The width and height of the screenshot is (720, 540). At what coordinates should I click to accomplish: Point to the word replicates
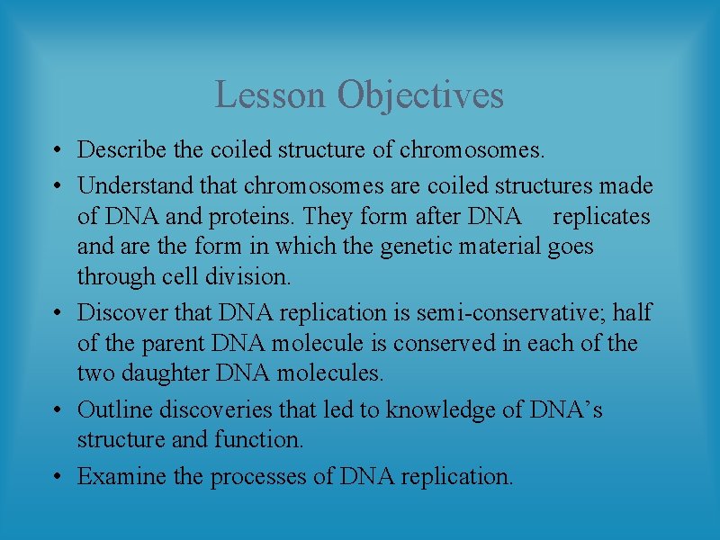[601, 217]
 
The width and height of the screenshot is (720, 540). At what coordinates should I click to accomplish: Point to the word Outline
[114, 410]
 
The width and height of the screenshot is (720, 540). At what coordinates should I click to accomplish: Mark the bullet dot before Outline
[57, 411]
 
